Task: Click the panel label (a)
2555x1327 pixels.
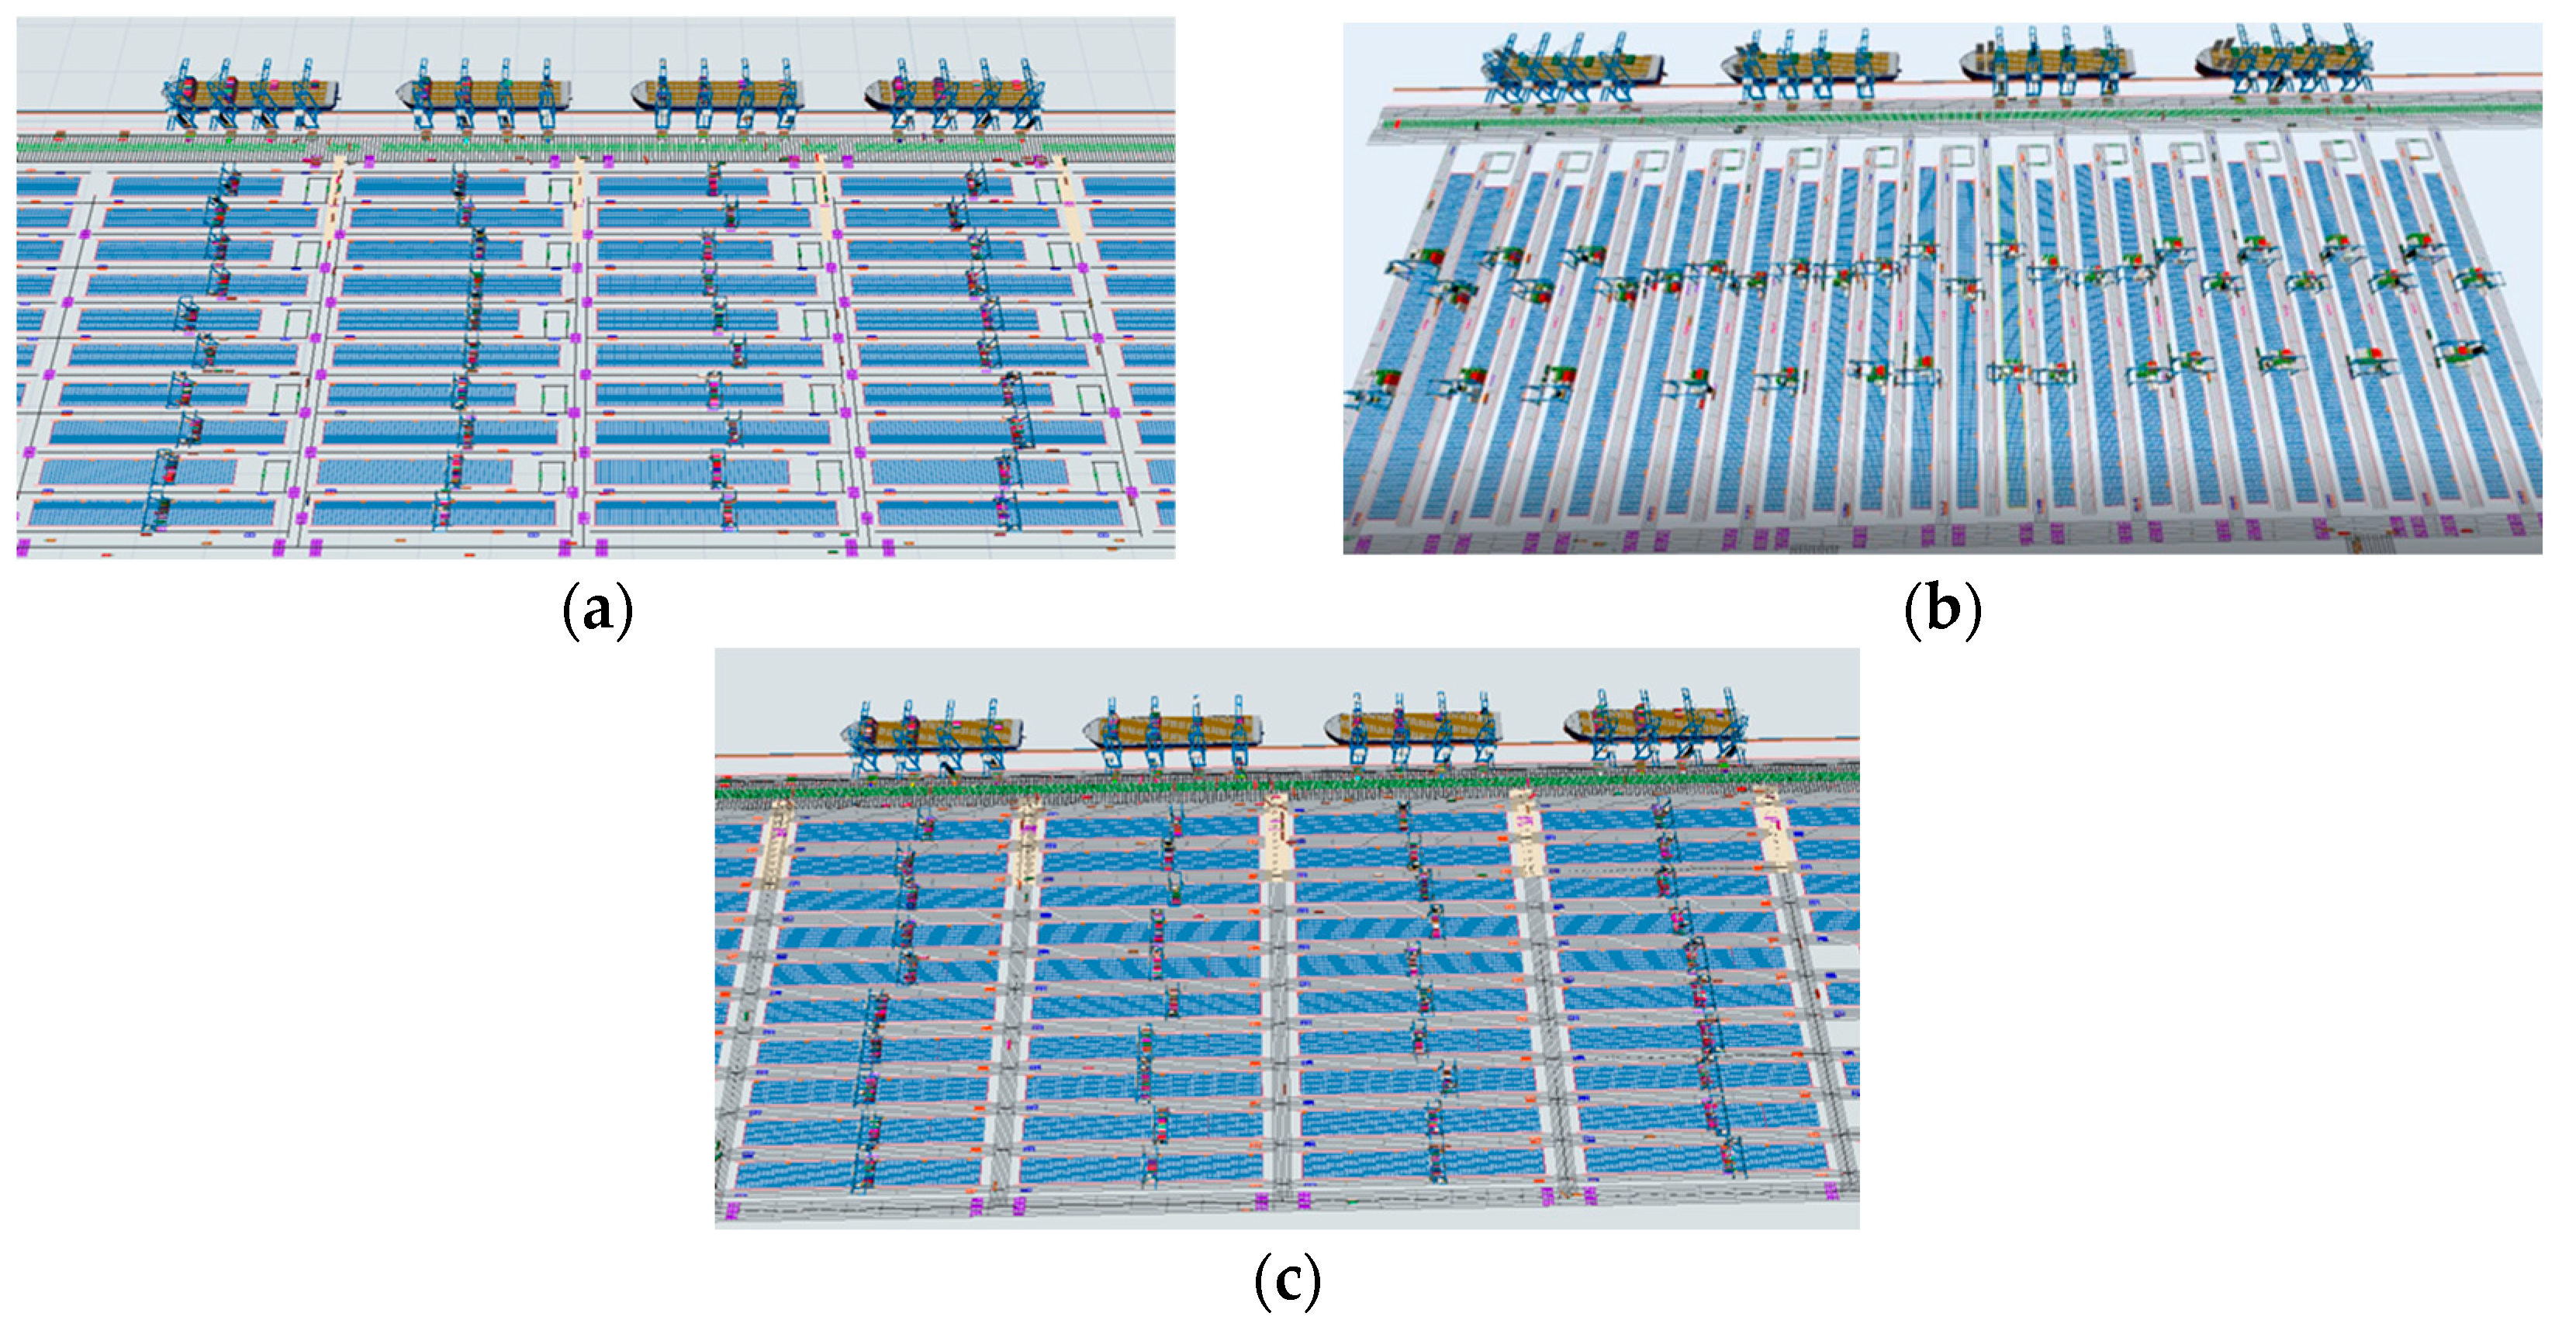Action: click(x=596, y=611)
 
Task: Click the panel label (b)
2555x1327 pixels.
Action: click(x=1942, y=611)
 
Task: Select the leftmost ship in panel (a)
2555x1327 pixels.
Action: click(x=254, y=93)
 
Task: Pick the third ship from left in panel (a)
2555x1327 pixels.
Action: click(x=718, y=93)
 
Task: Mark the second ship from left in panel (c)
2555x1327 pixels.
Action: click(x=1174, y=732)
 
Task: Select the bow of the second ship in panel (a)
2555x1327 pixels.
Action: click(x=406, y=94)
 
